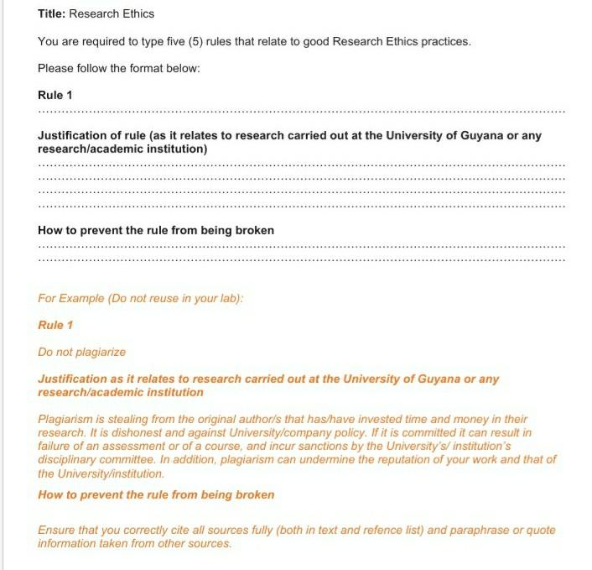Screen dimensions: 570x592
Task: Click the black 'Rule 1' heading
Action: click(55, 95)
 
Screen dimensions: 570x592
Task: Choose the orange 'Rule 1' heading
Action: click(55, 325)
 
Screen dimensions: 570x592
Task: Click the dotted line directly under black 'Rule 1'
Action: click(302, 111)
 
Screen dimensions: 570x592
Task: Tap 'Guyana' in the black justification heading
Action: click(484, 136)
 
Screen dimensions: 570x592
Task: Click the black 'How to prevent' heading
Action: click(156, 230)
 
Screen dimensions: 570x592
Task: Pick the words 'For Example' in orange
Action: click(70, 298)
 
